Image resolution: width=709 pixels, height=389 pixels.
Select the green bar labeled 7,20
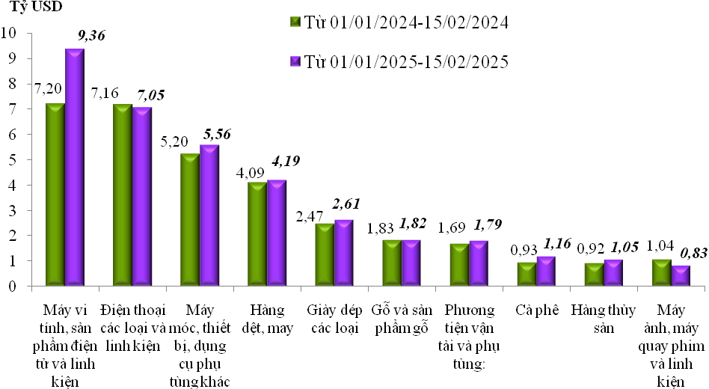tap(55, 194)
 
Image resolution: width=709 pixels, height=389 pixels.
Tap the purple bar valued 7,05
tap(141, 196)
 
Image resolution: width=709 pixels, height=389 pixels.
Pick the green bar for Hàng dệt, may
tap(257, 233)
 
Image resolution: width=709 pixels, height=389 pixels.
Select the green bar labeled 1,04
tap(661, 272)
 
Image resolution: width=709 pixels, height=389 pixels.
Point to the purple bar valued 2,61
tap(344, 252)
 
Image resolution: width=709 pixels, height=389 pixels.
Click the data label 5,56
tap(218, 133)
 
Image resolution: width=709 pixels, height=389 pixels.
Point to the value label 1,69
tap(453, 227)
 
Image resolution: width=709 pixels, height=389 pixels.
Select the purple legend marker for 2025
tap(295, 61)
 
